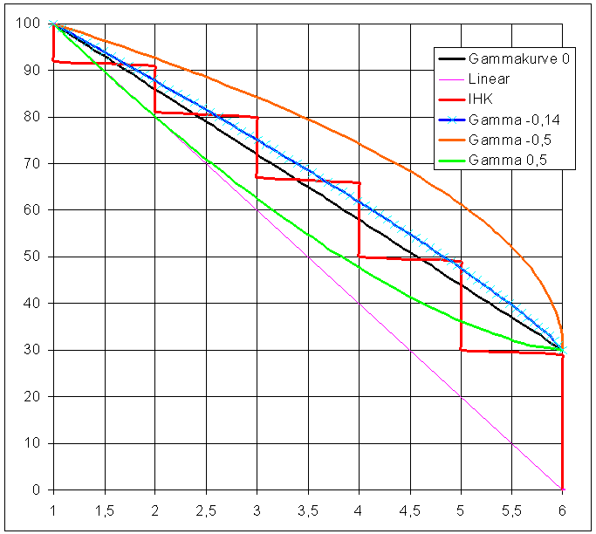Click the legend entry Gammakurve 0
(x=519, y=59)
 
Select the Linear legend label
(x=489, y=79)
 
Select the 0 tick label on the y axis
(x=37, y=489)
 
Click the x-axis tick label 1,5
(x=105, y=509)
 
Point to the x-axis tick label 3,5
(x=308, y=509)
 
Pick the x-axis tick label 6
(x=563, y=509)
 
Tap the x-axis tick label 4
(x=359, y=509)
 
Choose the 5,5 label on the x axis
(x=511, y=509)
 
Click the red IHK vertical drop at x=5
(x=461, y=305)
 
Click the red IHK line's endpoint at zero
(x=563, y=489)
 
